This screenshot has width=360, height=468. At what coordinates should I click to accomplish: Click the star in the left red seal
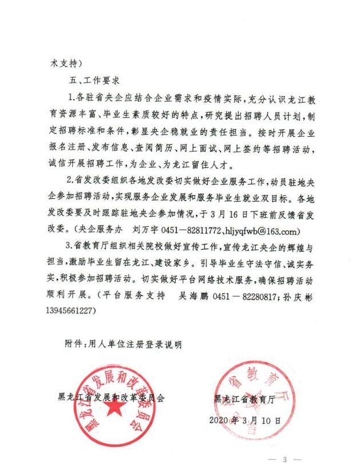[115, 407]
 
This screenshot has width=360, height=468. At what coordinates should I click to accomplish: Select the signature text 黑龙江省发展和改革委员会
[112, 398]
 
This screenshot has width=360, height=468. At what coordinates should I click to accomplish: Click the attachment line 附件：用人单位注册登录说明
[123, 344]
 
